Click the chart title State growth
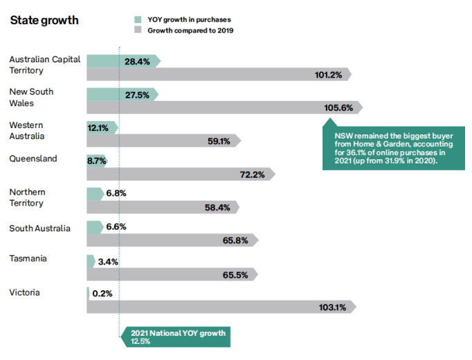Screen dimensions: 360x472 click(44, 20)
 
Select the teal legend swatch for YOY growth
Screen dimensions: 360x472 click(138, 19)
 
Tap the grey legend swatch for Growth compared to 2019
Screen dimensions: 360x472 click(138, 30)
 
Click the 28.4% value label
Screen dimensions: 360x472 click(138, 62)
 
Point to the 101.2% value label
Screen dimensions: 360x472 click(329, 75)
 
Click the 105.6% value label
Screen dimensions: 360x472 click(338, 108)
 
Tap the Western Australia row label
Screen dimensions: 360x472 click(26, 130)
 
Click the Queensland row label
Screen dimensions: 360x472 click(33, 159)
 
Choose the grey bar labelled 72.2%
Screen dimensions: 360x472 click(180, 174)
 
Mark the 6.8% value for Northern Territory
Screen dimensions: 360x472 click(116, 194)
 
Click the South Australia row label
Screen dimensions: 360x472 click(39, 228)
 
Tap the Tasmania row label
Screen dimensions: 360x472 click(29, 259)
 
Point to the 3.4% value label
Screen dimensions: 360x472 click(109, 262)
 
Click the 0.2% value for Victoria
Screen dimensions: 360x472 click(102, 294)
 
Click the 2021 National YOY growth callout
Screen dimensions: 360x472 click(176, 337)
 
